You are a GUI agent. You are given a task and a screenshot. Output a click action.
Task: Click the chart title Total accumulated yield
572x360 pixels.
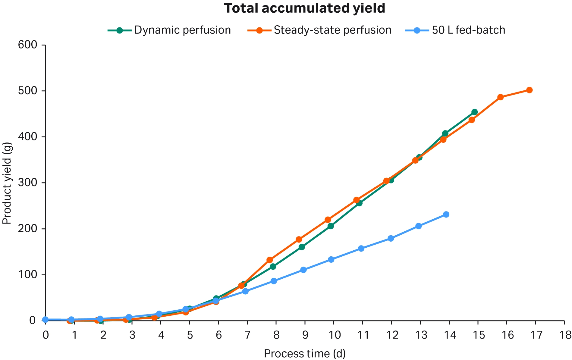click(305, 8)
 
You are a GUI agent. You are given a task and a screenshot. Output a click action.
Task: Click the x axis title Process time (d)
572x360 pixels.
click(305, 353)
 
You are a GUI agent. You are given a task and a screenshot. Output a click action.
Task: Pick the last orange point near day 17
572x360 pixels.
click(529, 90)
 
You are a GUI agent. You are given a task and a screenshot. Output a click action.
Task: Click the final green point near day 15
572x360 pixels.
click(474, 112)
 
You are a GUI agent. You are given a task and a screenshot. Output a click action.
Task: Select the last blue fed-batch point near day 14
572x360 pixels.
click(446, 214)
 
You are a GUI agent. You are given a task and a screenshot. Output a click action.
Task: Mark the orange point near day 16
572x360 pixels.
click(500, 97)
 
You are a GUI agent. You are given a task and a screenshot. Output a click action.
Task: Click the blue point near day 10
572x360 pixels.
click(331, 259)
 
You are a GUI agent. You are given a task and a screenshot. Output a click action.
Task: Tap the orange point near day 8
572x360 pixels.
click(270, 260)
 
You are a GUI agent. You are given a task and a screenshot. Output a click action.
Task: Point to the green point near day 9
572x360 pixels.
click(302, 247)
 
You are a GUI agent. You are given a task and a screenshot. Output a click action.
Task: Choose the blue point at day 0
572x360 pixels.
click(46, 320)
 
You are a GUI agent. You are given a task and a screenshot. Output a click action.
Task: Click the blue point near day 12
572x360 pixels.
click(391, 238)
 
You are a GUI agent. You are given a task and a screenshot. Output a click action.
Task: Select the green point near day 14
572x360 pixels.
click(445, 133)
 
